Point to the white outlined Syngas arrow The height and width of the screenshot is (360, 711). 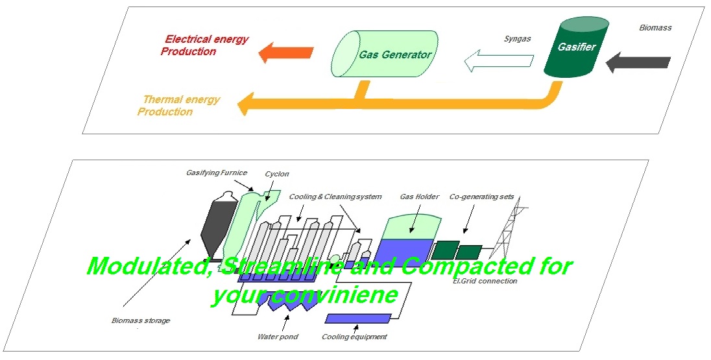click(498, 60)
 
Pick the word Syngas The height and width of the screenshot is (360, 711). click(517, 39)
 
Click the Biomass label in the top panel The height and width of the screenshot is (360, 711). click(656, 28)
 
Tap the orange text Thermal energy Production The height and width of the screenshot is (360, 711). click(178, 106)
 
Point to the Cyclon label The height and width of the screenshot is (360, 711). click(277, 174)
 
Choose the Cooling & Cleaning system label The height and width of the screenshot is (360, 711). click(335, 197)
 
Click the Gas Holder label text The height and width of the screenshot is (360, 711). click(420, 197)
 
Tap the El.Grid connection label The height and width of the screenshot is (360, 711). click(486, 281)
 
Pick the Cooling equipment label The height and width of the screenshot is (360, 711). click(354, 337)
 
